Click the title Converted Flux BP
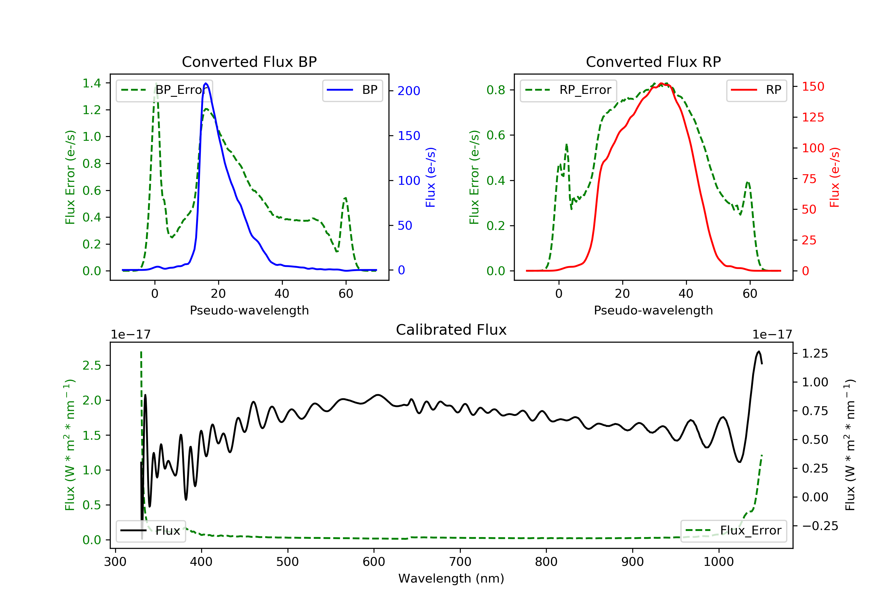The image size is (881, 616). [x=249, y=62]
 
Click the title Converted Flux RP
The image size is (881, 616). [x=653, y=62]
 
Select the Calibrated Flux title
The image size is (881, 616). [x=451, y=330]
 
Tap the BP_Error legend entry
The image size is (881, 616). [x=164, y=90]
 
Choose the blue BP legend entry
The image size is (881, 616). [x=352, y=90]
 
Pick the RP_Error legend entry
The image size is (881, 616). [x=568, y=90]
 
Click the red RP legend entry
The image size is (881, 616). [x=756, y=90]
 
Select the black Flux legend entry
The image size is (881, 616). [x=150, y=531]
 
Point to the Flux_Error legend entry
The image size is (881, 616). [x=733, y=531]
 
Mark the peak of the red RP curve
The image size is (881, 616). [x=661, y=84]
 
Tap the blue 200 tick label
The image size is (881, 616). [x=409, y=91]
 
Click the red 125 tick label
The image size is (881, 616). [x=813, y=117]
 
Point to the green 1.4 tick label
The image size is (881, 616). [x=92, y=83]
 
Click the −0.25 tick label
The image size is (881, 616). [x=820, y=526]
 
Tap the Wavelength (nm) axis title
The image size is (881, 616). [x=451, y=578]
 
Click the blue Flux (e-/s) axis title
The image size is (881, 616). [x=431, y=177]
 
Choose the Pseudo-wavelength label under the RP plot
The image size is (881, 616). [x=653, y=310]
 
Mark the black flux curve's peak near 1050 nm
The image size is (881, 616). [x=759, y=351]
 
